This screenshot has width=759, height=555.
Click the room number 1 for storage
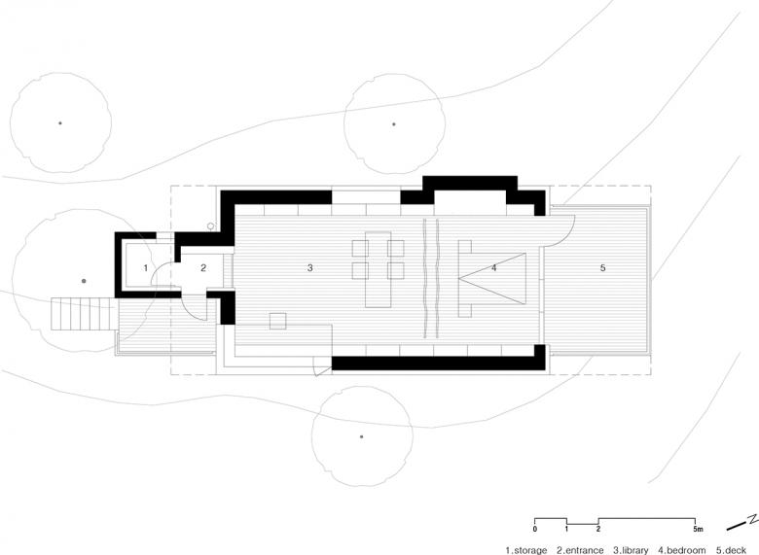click(146, 268)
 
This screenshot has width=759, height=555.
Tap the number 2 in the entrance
click(203, 268)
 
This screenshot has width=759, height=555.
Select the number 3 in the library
click(309, 268)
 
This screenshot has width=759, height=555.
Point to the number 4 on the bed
click(493, 267)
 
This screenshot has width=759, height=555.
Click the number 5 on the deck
click(602, 267)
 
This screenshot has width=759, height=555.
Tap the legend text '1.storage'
click(526, 550)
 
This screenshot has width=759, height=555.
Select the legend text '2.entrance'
click(580, 550)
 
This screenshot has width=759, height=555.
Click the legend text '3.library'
click(631, 550)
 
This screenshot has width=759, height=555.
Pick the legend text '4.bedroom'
click(682, 550)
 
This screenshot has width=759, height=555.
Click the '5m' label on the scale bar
click(698, 529)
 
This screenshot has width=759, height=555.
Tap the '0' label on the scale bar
click(534, 529)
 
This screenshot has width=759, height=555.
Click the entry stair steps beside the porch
click(85, 314)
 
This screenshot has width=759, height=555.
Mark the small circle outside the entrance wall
click(210, 225)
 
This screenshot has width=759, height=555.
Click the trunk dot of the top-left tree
click(60, 123)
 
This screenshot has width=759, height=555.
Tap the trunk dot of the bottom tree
click(362, 436)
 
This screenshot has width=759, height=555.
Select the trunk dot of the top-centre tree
click(393, 124)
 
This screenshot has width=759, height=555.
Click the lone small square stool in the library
click(278, 321)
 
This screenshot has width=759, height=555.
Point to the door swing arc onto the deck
click(565, 238)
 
